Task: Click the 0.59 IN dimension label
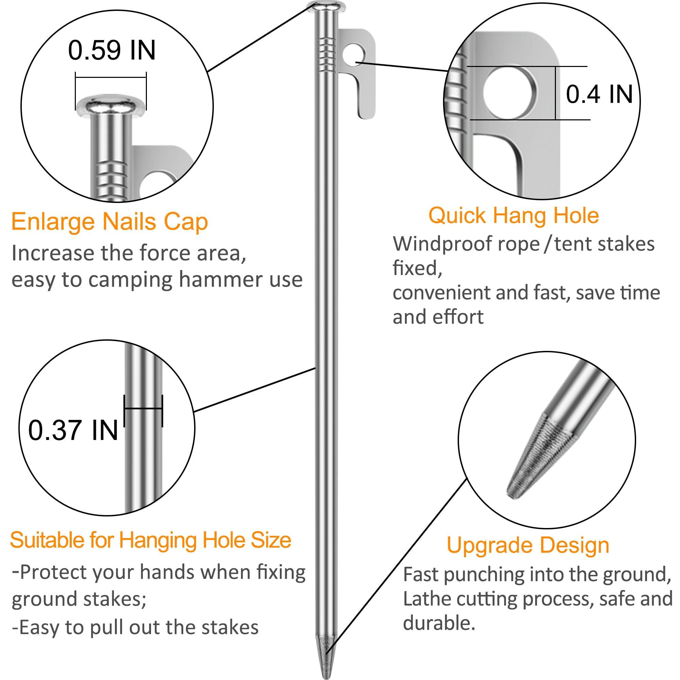pos(112,51)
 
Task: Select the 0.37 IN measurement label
pos(73,430)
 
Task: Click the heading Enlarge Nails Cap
pos(109,222)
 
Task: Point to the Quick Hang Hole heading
pos(513,216)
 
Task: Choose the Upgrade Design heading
pos(528,545)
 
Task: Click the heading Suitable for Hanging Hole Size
pos(151,540)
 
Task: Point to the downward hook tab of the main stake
pos(366,102)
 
